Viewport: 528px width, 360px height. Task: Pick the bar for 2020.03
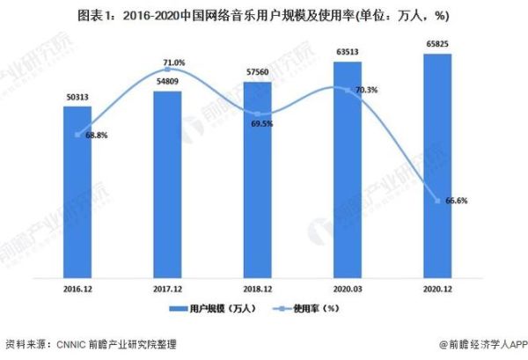pyautogui.click(x=347, y=167)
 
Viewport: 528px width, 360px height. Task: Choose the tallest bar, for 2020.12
pyautogui.click(x=437, y=163)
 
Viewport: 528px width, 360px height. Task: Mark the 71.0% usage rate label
pyautogui.click(x=173, y=62)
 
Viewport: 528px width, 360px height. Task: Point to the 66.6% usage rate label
pyautogui.click(x=456, y=201)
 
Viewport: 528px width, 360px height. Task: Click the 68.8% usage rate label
pyautogui.click(x=97, y=135)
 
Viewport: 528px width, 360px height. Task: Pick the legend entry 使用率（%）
pyautogui.click(x=309, y=310)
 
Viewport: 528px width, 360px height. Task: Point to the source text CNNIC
pyautogui.click(x=73, y=344)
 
